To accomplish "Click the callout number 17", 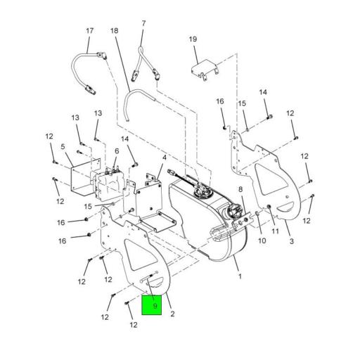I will (x=89, y=31).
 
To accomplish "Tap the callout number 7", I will (x=143, y=23).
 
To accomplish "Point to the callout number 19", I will (x=193, y=40).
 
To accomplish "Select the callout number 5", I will (x=63, y=147).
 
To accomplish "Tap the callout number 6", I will (x=117, y=151).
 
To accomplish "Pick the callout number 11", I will (x=275, y=231).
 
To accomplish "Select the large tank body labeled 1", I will (x=211, y=225).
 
